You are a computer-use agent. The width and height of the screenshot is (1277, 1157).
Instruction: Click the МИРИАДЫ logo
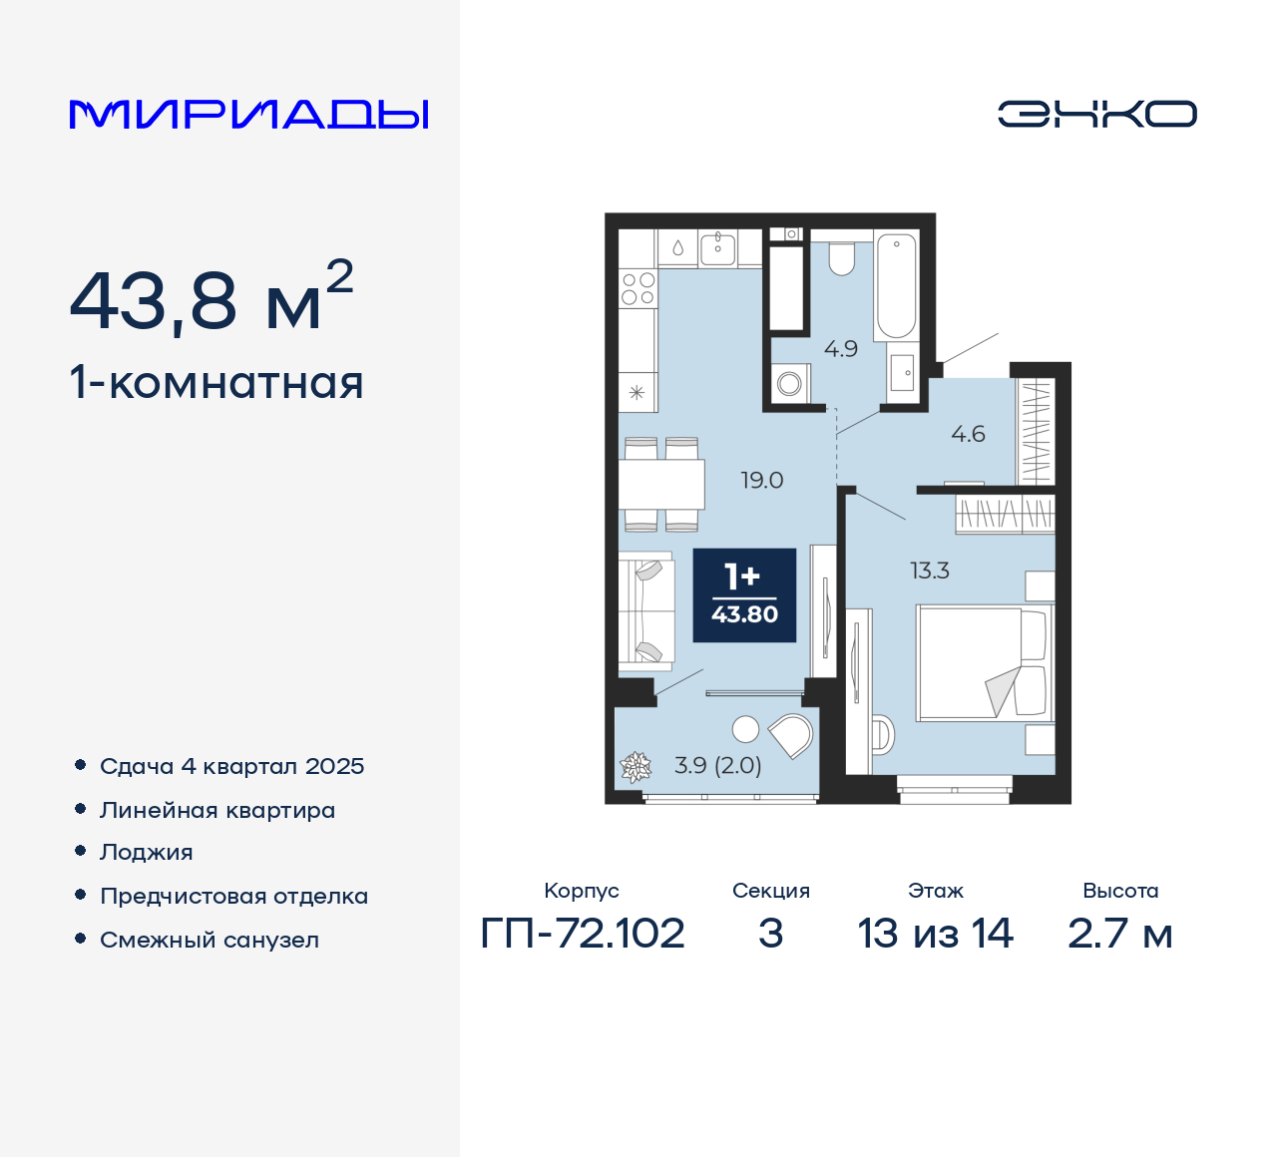click(x=248, y=115)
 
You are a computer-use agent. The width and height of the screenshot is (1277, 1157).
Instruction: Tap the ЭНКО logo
click(x=1096, y=114)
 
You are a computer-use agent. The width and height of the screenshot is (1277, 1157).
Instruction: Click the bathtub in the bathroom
click(x=896, y=286)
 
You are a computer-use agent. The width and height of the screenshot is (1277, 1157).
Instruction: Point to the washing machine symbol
click(x=790, y=383)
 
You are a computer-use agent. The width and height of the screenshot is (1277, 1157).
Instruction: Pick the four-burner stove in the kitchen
click(x=638, y=289)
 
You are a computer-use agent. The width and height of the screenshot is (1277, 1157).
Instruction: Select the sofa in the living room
click(x=644, y=609)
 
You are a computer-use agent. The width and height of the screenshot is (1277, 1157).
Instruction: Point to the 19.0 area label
click(x=762, y=481)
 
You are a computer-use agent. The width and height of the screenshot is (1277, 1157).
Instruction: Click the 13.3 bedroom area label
click(x=929, y=572)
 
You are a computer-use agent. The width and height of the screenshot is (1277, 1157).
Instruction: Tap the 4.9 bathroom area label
click(x=841, y=349)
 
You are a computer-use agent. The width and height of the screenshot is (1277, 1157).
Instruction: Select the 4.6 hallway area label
click(x=968, y=434)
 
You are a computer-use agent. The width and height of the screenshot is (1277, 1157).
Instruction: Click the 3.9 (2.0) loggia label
click(x=717, y=766)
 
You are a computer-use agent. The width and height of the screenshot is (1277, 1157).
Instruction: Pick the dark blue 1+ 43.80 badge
click(x=744, y=595)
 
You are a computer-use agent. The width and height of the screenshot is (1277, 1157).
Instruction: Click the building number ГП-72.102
click(x=583, y=934)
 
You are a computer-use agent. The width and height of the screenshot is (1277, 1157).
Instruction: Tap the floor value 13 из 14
click(x=935, y=934)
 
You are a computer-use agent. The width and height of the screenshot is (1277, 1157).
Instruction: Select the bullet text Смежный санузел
click(x=210, y=940)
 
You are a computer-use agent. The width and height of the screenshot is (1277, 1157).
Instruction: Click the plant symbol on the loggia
click(x=635, y=766)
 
